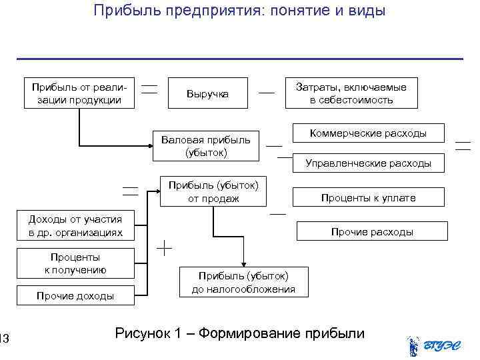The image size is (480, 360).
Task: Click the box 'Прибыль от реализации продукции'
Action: tap(80, 94)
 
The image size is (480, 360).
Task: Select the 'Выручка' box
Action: tap(207, 94)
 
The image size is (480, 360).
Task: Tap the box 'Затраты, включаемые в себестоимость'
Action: tap(351, 94)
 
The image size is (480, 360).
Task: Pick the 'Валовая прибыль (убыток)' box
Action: tap(205, 146)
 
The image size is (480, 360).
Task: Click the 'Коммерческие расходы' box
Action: tap(368, 133)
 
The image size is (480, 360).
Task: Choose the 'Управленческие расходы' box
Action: tap(368, 163)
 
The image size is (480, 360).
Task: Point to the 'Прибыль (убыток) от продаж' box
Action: tap(213, 191)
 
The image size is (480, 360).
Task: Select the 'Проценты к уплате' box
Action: tap(368, 197)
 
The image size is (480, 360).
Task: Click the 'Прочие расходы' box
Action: tap(371, 231)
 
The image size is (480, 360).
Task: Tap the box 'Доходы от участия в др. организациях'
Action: tap(75, 226)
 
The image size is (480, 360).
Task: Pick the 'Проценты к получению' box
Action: tap(75, 263)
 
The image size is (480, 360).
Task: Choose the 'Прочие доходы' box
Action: tap(75, 295)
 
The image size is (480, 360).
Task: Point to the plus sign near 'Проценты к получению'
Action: tap(164, 249)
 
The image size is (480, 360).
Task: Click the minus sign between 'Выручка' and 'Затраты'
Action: tap(267, 93)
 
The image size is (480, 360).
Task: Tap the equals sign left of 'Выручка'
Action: tap(150, 89)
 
